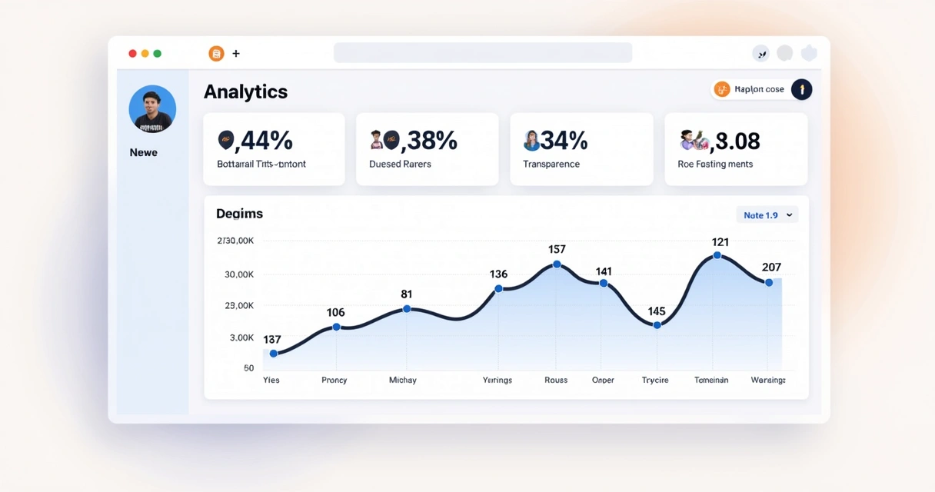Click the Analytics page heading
point(245,91)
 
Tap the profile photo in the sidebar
point(152,108)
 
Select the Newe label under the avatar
point(143,152)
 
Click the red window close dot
point(132,54)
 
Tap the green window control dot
point(158,54)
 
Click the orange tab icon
point(216,54)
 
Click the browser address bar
point(482,53)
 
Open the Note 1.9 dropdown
point(767,215)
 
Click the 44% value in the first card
point(266,141)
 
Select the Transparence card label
point(551,164)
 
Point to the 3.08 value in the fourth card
point(737,141)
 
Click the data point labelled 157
point(557,264)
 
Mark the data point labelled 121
point(717,255)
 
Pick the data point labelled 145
point(657,325)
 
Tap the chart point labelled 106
point(336,327)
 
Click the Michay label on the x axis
point(402,380)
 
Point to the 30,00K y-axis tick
point(238,274)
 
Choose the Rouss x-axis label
point(555,380)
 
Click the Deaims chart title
point(239,214)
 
